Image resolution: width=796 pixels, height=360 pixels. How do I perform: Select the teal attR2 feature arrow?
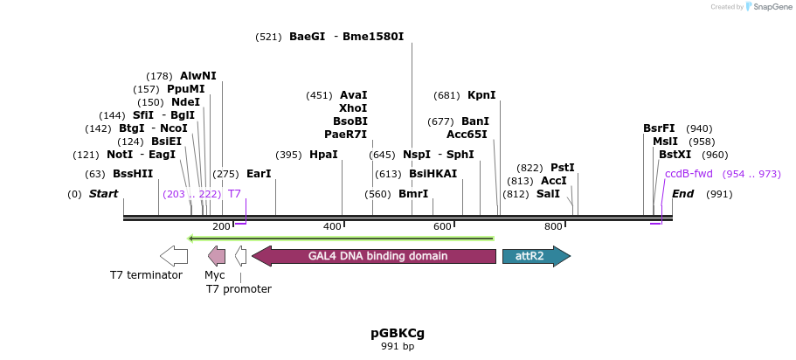536,256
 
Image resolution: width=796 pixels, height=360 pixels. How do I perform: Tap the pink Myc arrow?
216,256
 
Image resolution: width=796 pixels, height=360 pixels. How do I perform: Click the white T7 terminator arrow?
173,256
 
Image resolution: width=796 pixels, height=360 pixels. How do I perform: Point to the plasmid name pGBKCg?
398,333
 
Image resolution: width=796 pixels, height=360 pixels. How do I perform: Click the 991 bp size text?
398,347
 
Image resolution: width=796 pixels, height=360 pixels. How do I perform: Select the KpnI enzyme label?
481,95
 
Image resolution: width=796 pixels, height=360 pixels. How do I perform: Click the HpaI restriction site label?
323,155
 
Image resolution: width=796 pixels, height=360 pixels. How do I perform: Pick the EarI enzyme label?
259,174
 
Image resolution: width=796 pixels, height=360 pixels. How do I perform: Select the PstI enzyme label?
562,168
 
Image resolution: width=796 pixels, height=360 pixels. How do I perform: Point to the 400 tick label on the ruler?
333,227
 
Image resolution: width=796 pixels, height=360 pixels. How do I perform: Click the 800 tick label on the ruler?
553,227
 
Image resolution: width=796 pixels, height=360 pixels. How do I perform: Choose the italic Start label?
103,193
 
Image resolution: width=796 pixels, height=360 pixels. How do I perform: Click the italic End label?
682,193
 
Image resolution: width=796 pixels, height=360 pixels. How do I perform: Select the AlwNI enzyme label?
198,76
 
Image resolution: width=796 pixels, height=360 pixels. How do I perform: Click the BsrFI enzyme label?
659,128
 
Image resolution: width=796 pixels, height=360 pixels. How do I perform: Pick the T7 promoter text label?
239,289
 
